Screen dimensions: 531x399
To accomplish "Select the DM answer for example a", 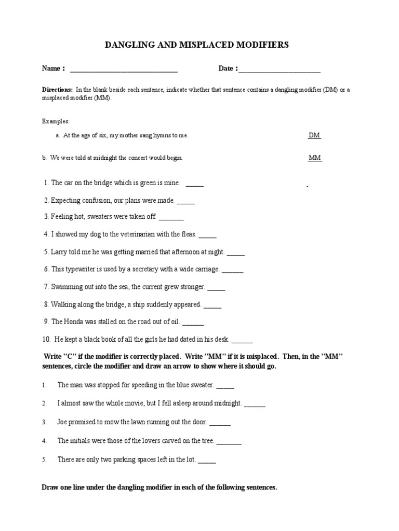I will (x=314, y=135).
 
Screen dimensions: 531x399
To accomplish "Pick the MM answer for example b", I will (x=315, y=158).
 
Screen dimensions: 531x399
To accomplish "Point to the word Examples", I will (x=56, y=121).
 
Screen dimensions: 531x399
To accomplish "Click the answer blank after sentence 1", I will (x=195, y=184).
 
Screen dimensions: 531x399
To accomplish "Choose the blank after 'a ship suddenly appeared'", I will (x=212, y=305).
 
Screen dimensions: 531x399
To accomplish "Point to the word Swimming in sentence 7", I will (x=66, y=286).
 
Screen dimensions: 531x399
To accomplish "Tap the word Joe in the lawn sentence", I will (x=62, y=422).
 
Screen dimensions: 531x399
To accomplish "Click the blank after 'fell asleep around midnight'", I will (x=255, y=404).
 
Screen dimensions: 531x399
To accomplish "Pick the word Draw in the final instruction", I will (x=50, y=488).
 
